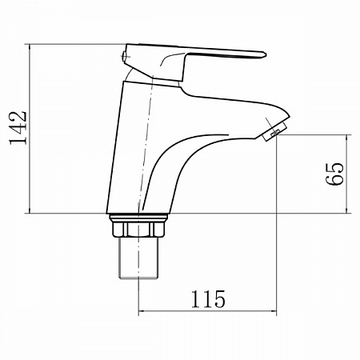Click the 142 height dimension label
click(x=18, y=128)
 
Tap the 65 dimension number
click(x=334, y=174)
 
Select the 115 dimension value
click(x=208, y=299)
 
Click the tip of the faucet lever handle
click(x=266, y=55)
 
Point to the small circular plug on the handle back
click(x=124, y=56)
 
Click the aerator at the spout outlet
click(x=274, y=131)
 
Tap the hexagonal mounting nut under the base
click(x=138, y=229)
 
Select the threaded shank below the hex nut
click(x=138, y=258)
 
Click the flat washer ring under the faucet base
click(x=138, y=218)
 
